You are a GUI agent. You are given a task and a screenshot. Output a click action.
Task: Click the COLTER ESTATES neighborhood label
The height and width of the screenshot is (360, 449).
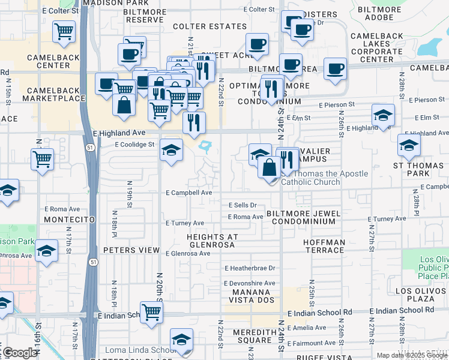point(209,26)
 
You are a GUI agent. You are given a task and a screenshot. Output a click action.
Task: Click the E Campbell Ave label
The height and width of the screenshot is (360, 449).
point(189,193)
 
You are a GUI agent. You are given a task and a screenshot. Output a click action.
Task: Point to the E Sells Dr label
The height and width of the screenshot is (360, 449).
point(243,205)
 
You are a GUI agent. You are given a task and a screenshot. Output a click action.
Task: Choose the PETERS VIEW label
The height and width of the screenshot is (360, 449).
point(131,250)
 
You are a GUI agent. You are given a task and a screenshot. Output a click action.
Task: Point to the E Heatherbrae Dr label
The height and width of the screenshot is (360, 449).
point(250,268)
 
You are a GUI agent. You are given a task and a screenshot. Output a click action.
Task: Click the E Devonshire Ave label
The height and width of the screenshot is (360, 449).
point(249,283)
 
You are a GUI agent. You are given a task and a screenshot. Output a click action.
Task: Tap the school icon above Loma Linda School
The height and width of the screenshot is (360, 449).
point(181,340)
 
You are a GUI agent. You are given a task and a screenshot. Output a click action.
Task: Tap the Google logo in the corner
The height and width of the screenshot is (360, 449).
point(19,353)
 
